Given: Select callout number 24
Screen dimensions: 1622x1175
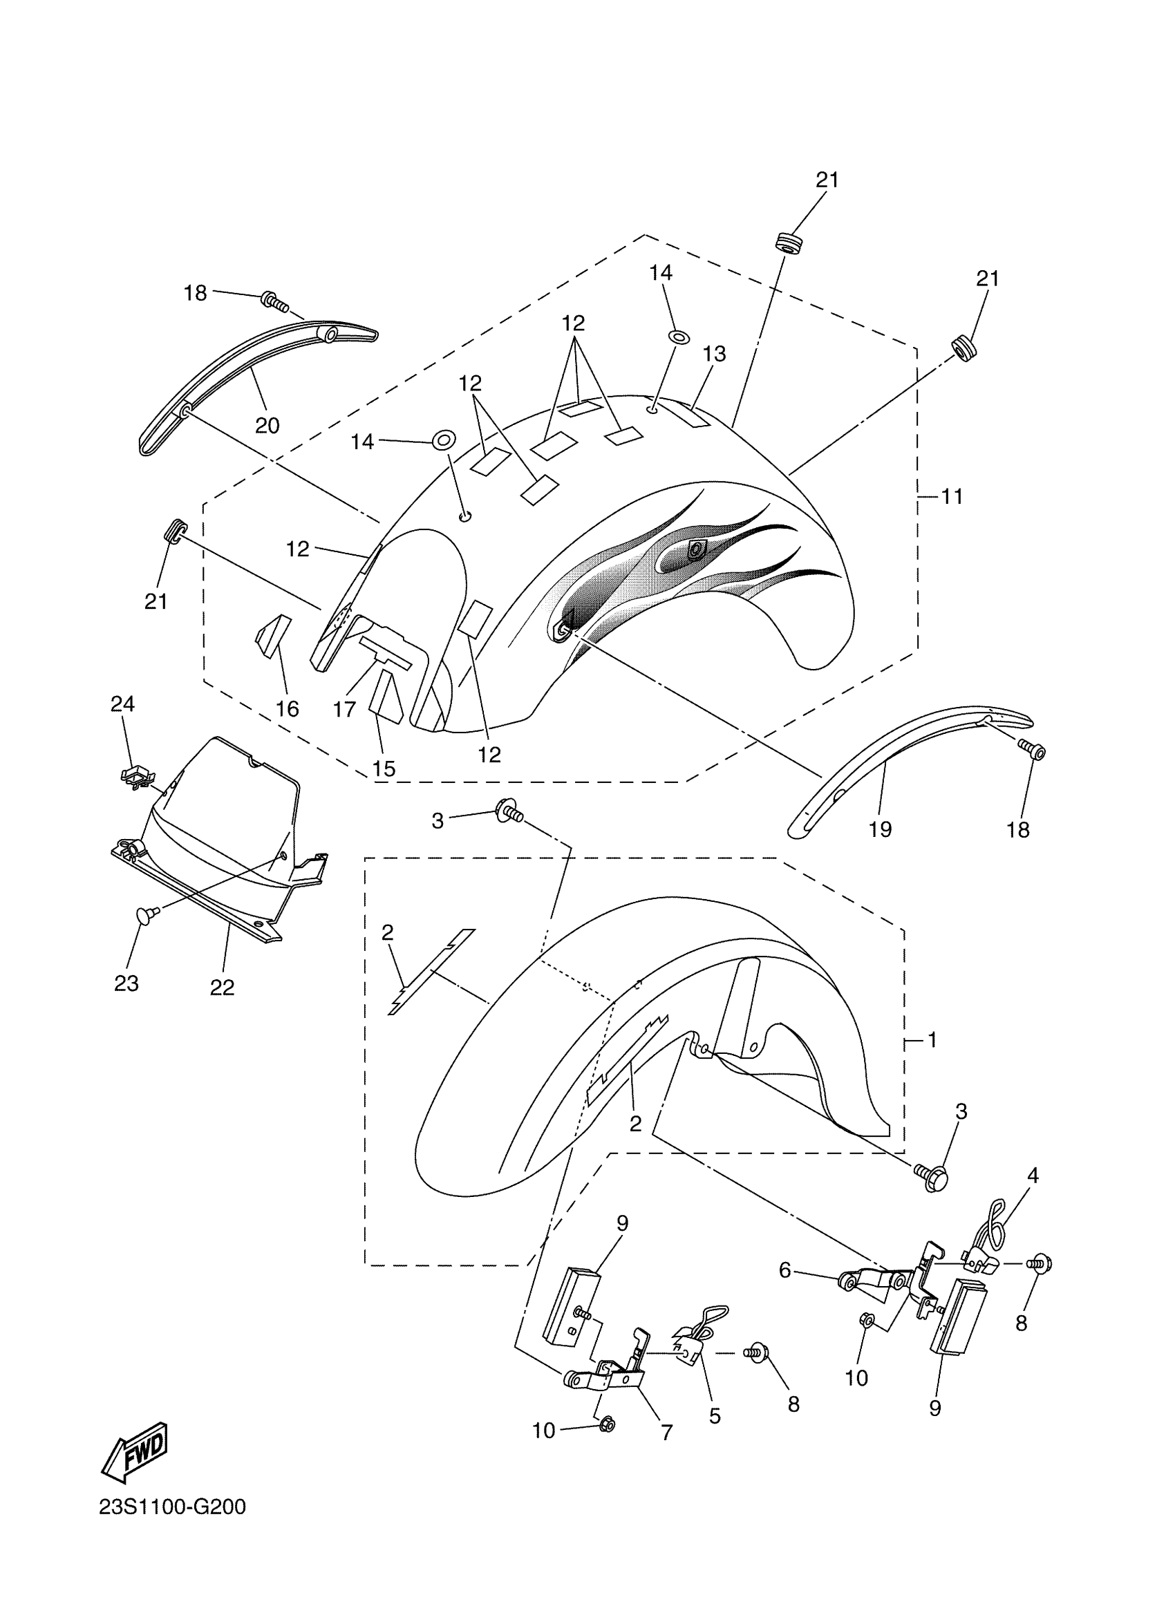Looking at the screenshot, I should (x=122, y=704).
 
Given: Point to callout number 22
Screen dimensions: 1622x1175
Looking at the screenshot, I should (x=222, y=987).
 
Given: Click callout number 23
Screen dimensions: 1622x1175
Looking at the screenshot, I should (x=126, y=983).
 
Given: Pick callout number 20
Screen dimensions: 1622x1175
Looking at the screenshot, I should (x=267, y=426).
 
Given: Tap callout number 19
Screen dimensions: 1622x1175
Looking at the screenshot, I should (x=880, y=829).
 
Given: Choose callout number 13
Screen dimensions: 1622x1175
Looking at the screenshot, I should (x=714, y=354).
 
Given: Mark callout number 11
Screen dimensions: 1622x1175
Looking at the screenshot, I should (x=952, y=496).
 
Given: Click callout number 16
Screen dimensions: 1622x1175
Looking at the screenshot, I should (x=288, y=709).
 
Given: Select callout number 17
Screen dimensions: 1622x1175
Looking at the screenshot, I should (x=344, y=710).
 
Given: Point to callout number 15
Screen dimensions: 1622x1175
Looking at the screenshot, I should (x=384, y=768).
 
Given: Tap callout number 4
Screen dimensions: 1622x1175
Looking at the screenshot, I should (x=1033, y=1175).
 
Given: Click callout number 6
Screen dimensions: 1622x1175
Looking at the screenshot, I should (x=784, y=1270).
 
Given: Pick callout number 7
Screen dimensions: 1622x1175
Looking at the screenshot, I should (x=666, y=1433).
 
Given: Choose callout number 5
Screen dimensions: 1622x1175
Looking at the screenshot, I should (x=715, y=1416).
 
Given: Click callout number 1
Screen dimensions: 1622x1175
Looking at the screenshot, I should (x=932, y=1040).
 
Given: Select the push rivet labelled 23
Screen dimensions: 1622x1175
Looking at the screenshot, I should (x=143, y=914).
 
